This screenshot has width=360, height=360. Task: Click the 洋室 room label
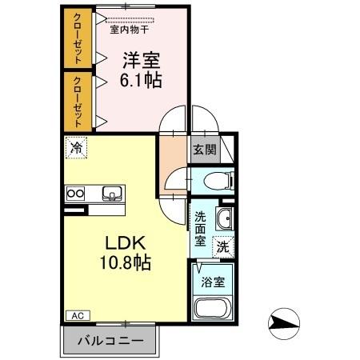(x=142, y=59)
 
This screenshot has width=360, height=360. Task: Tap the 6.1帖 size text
(x=142, y=82)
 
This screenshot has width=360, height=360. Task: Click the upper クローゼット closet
(x=78, y=38)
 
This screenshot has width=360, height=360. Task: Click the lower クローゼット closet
(x=78, y=100)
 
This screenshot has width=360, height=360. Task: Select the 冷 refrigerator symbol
(x=77, y=147)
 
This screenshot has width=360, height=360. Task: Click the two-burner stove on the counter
(x=76, y=193)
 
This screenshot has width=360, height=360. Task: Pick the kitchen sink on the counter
(x=112, y=193)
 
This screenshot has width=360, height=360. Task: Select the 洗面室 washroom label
(x=200, y=227)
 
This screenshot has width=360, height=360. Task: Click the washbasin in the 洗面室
(x=225, y=219)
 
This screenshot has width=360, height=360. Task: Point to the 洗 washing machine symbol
(x=224, y=247)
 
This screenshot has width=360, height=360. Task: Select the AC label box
(x=78, y=315)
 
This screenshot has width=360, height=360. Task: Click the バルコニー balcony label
(x=111, y=341)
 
